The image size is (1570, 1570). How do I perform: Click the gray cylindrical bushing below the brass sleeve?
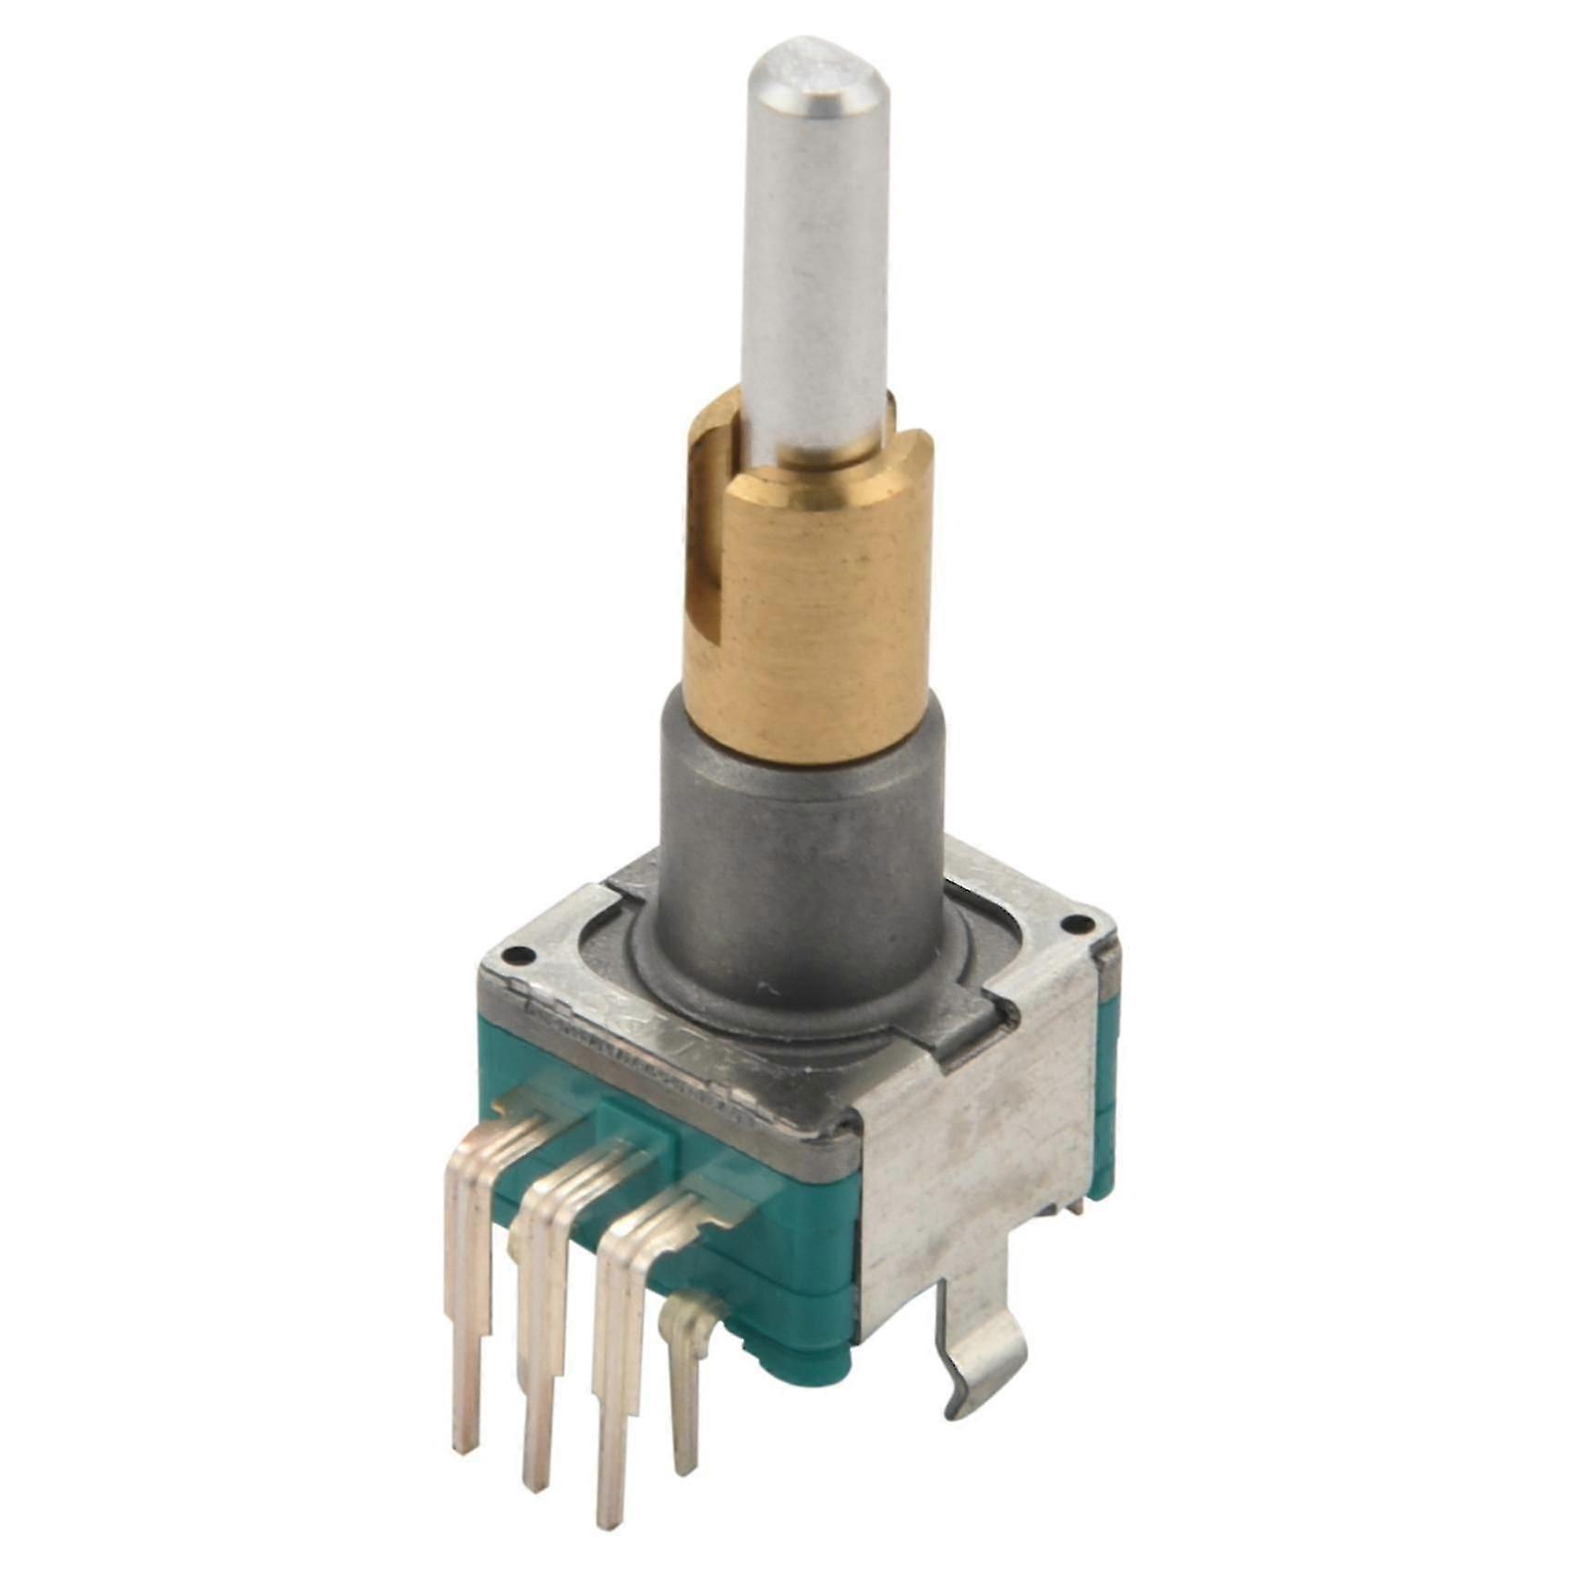tap(790, 831)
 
